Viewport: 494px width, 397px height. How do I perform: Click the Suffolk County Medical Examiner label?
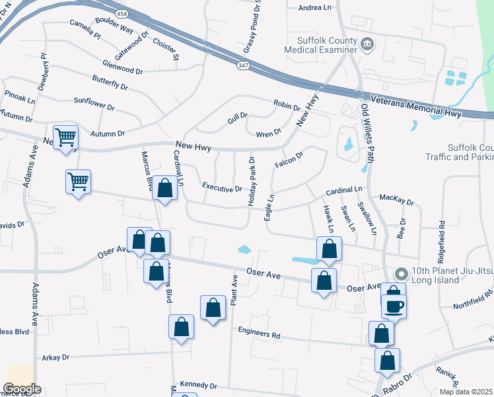coord(320,44)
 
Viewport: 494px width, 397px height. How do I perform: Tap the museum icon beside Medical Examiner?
coord(368,44)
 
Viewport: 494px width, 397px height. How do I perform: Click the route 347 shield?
coord(242,65)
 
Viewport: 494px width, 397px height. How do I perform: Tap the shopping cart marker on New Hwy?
coord(65,138)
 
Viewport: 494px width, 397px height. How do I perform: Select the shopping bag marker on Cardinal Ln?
coord(165,188)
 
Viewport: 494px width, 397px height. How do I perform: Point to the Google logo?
coord(22,389)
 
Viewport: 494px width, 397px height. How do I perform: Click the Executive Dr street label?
coord(222,188)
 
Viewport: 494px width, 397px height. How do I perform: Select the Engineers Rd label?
coord(259,333)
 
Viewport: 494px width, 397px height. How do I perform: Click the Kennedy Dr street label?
coord(197,384)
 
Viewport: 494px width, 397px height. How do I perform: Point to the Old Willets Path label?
coord(365,133)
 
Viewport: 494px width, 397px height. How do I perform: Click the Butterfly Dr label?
coord(110,85)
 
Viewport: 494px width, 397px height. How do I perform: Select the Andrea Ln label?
coord(314,8)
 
